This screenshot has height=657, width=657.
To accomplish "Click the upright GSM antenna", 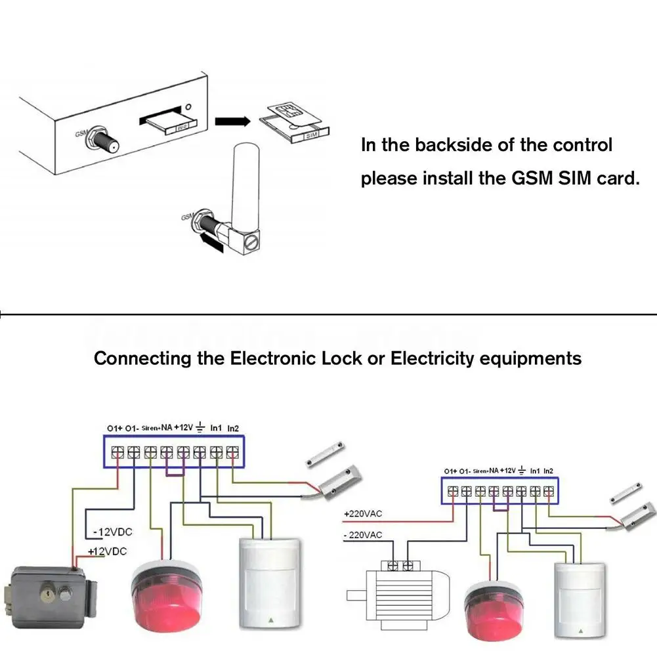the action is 245,197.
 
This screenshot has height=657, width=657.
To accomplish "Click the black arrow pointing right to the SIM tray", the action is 232,121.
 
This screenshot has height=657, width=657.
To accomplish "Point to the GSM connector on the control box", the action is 102,139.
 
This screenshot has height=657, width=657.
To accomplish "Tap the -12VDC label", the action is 113,532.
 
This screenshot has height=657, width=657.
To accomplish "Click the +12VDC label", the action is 107,551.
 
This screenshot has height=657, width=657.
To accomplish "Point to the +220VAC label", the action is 363,514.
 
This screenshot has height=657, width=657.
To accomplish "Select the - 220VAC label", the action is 363,535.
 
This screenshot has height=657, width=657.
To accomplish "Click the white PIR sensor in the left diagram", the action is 270,584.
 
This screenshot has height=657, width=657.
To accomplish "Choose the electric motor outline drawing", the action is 398,595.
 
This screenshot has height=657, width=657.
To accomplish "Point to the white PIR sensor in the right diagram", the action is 580,601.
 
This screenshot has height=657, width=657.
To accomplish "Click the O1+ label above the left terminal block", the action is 115,428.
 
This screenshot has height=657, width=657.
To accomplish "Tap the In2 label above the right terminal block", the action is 549,471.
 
